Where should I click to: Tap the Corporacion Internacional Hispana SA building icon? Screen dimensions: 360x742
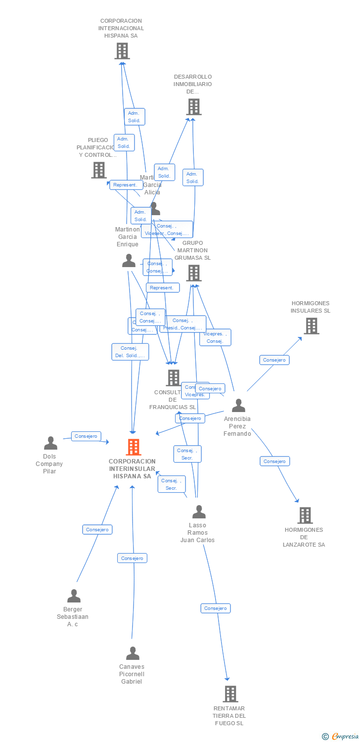[122, 51]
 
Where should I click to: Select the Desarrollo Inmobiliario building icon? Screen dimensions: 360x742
[193, 107]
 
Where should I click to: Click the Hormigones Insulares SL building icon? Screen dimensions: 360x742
[311, 326]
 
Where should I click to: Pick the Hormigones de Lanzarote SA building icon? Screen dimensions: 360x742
[305, 515]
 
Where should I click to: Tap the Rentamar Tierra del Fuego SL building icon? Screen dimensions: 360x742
[230, 694]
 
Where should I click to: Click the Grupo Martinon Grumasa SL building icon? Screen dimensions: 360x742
[193, 273]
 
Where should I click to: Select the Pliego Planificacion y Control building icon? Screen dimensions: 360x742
[99, 170]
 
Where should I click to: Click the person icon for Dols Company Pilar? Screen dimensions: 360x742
[50, 443]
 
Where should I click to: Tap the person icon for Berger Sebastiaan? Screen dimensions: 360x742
[74, 596]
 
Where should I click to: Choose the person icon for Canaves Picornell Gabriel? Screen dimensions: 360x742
[133, 653]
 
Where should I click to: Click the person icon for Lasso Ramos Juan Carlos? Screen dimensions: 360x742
[199, 512]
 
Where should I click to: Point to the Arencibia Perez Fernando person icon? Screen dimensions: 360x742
[238, 406]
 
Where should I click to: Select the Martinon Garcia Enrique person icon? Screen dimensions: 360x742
[129, 261]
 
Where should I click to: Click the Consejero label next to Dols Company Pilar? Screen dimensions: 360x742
[86, 436]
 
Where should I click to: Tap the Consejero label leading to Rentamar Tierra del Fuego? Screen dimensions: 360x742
[215, 608]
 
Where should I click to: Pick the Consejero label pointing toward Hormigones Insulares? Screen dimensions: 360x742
[274, 360]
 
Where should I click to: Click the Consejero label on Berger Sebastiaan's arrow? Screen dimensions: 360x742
[97, 530]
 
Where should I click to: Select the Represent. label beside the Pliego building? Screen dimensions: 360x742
[126, 185]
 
